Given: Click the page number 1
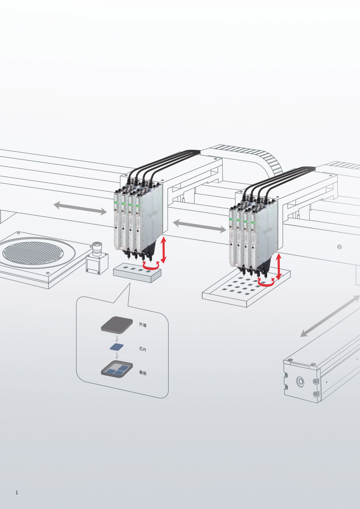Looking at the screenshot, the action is (17, 492).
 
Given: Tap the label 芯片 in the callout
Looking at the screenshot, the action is (142, 349).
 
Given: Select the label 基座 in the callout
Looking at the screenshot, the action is (142, 373).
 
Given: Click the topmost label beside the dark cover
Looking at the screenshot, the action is (142, 325).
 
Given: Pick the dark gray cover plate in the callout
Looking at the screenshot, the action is (117, 325).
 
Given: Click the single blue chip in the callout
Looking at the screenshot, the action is (117, 347).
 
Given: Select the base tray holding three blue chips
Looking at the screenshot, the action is (117, 369).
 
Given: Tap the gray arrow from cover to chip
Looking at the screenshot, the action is (117, 339).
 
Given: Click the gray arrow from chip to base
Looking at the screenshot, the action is (117, 355).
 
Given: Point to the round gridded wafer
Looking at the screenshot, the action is (34, 253).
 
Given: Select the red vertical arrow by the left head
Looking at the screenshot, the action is (164, 250).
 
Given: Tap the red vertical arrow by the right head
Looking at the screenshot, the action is (278, 267).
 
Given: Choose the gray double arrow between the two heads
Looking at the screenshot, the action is (199, 226).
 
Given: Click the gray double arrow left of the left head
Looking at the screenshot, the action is (80, 208).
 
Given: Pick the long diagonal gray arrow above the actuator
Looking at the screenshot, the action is (330, 316).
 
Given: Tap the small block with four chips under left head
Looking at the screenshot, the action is (137, 273).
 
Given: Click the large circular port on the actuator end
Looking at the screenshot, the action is (301, 382).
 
